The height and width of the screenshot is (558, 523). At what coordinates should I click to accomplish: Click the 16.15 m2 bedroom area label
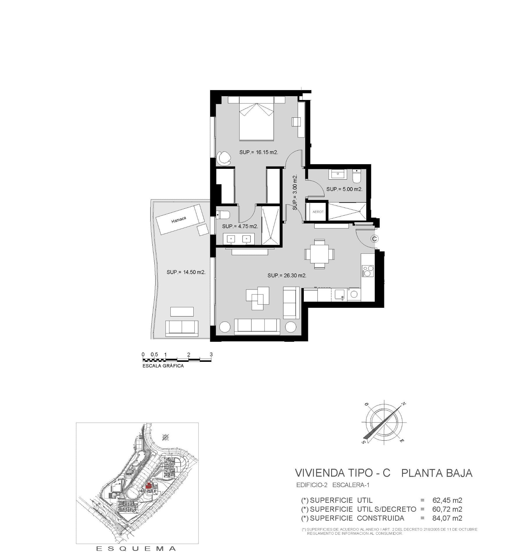tap(259, 152)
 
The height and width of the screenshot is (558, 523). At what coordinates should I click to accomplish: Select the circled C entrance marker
tap(374, 239)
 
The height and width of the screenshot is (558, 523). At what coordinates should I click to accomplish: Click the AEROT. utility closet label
tap(318, 212)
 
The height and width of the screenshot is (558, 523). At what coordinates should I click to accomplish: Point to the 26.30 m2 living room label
tap(287, 275)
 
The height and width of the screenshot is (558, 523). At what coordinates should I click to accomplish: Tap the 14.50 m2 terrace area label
tap(186, 272)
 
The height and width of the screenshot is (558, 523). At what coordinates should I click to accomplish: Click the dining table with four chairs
tap(319, 254)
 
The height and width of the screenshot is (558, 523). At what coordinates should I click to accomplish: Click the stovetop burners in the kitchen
tap(367, 271)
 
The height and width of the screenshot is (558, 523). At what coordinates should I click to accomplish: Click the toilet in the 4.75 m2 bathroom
tap(223, 215)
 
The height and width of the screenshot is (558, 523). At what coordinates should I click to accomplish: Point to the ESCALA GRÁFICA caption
tap(163, 366)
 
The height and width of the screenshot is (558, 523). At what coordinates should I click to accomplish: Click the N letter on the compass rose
tap(404, 404)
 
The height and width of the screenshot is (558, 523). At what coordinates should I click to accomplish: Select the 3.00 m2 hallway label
tap(295, 192)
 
